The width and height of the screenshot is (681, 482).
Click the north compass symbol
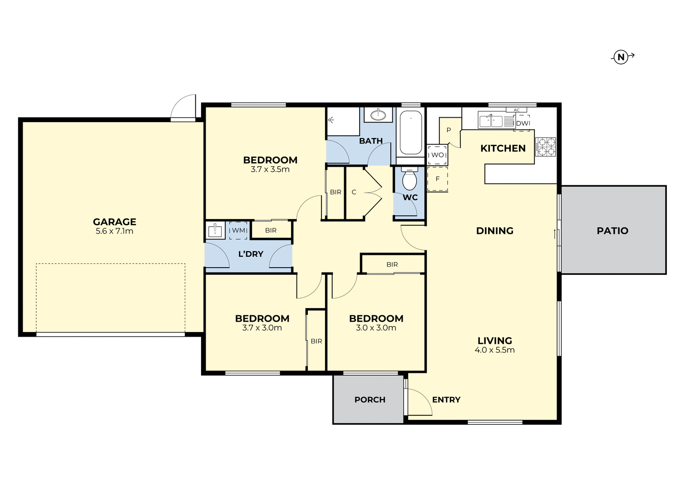(x=621, y=57)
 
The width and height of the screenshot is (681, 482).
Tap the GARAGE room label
(x=114, y=222)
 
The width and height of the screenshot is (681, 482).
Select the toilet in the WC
(x=410, y=180)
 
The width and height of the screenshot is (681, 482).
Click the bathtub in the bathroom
(x=410, y=133)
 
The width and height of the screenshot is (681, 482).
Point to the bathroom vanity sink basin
(x=378, y=115)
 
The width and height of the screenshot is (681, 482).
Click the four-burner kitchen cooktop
(x=545, y=147)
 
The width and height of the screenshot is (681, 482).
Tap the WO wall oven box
(x=437, y=155)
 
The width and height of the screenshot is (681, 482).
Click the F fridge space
(x=438, y=179)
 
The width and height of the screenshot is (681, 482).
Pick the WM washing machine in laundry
(x=238, y=230)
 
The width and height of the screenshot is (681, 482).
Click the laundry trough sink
(x=215, y=231)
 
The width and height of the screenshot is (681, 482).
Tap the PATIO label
(x=612, y=231)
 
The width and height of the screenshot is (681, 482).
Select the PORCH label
(x=370, y=400)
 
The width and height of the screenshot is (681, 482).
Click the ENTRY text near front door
(x=446, y=400)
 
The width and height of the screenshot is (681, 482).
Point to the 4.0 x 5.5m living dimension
(x=494, y=350)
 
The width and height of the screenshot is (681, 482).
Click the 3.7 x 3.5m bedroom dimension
(x=270, y=169)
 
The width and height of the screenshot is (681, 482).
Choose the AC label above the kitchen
(x=516, y=110)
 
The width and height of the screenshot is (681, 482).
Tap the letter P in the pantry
(x=449, y=130)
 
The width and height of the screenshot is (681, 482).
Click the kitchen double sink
(x=491, y=121)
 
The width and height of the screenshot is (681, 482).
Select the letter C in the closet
(x=354, y=192)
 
